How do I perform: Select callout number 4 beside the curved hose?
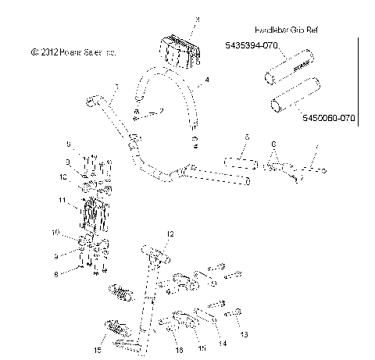click(x=207, y=80)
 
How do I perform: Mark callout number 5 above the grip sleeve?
click(x=245, y=137)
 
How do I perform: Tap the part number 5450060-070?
click(x=328, y=118)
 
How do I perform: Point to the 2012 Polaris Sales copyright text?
click(x=74, y=52)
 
